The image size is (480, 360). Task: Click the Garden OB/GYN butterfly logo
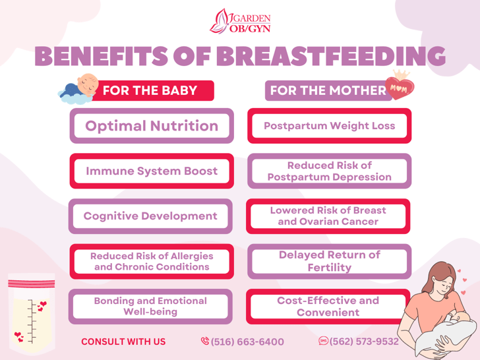pos(240,21)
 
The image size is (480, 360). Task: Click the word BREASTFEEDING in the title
pos(331,56)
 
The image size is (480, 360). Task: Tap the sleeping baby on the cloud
pos(78,89)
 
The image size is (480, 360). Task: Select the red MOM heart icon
pos(400,85)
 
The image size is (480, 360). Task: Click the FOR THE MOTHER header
pos(328,90)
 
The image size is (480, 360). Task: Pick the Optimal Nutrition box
pos(152,126)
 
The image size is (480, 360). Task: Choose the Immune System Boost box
pos(152,171)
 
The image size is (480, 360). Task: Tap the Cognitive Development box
pos(150,216)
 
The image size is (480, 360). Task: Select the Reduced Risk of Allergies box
pos(152,261)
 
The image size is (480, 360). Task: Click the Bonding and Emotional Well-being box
pos(150,307)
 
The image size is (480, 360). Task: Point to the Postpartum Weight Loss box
pos(330,126)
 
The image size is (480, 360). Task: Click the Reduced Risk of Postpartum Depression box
pos(330,171)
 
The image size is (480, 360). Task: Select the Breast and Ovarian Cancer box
pos(328,216)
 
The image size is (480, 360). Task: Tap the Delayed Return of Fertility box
pos(330,261)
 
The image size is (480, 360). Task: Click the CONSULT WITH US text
pos(123,342)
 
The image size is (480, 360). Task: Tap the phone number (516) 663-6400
pos(243,342)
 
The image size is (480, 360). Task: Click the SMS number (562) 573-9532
pos(359,341)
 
